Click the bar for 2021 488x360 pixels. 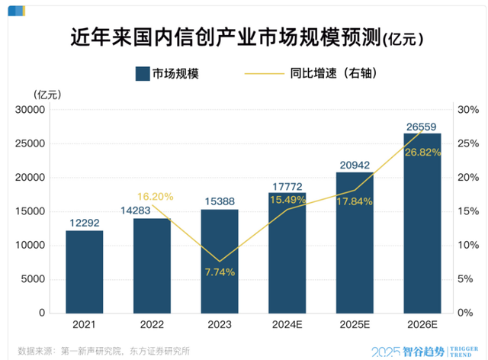click(84, 271)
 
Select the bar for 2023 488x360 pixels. click(220, 260)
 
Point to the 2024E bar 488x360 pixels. click(287, 252)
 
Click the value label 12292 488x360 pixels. click(84, 223)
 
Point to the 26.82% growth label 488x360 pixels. click(422, 153)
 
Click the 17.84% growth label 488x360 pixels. click(355, 201)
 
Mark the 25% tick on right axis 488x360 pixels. click(467, 144)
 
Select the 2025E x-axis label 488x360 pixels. click(355, 324)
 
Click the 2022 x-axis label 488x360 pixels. click(152, 324)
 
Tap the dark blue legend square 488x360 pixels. click(142, 74)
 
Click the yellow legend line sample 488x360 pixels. click(262, 74)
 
